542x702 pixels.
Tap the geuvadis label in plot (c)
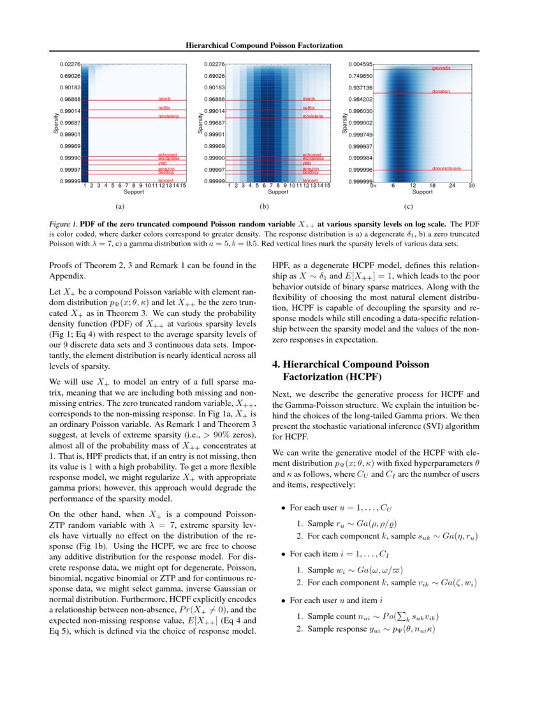point(441,68)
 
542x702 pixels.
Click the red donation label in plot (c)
point(441,92)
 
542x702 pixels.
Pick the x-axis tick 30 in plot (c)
point(471,186)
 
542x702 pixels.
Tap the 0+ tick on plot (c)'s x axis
point(374,186)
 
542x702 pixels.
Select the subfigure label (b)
point(263,207)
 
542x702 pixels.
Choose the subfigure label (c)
point(408,207)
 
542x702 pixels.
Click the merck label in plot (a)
point(165,99)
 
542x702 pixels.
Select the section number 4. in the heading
point(276,365)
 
